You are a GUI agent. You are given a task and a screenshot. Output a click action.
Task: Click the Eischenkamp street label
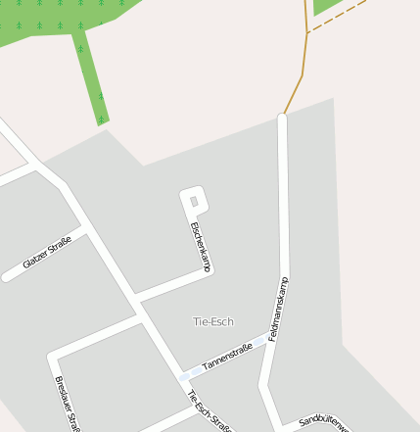pos(201,247)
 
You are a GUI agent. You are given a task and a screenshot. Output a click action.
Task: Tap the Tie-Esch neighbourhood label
pos(213,321)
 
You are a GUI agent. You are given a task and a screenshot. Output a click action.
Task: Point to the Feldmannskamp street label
pos(278,308)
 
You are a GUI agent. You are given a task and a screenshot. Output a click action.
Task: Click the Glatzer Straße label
pos(47,252)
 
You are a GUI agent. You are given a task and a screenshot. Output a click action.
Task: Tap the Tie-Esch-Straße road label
pos(209,410)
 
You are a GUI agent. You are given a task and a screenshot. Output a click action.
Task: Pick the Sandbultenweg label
pos(323,421)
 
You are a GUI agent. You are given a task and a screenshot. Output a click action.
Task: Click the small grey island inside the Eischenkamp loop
pos(194,202)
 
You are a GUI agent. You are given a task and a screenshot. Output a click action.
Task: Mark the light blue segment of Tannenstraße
pos(185,375)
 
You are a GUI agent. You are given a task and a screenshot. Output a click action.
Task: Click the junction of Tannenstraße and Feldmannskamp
pos(265,343)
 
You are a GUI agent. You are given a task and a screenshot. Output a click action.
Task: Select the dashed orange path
pos(338,18)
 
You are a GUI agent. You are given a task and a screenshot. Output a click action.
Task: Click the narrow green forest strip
pos(91,78)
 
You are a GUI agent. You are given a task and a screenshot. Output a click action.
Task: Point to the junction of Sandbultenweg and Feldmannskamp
pos(278,426)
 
